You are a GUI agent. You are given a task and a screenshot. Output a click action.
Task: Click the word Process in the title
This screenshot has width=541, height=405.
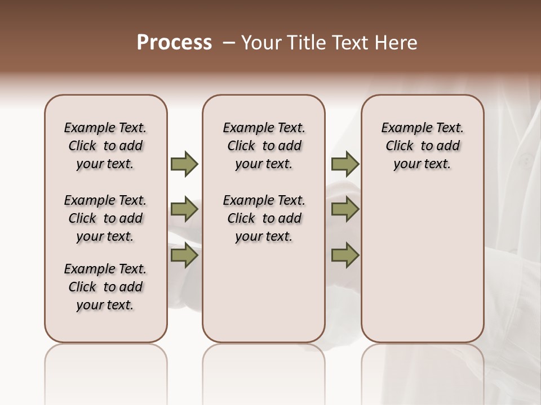(174, 43)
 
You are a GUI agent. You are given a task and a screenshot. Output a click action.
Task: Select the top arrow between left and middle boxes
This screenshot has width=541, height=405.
(184, 164)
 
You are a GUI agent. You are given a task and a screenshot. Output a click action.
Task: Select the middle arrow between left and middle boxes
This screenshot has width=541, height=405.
(184, 209)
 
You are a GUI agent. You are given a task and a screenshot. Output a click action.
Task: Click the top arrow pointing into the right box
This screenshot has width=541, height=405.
(345, 164)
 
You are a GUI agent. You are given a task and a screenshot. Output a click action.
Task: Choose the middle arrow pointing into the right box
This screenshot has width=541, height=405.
(345, 209)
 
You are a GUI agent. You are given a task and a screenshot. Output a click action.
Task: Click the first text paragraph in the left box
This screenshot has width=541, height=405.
(105, 146)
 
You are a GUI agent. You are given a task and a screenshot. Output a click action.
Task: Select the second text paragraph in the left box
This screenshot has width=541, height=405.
(105, 218)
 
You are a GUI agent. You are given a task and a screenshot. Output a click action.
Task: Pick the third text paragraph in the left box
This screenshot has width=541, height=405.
(105, 287)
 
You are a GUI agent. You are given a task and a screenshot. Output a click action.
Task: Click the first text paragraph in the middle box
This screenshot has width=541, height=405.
(264, 146)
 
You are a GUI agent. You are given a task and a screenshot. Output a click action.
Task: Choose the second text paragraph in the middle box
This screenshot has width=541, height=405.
(264, 218)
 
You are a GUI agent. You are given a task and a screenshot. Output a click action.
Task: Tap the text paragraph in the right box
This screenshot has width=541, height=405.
(423, 146)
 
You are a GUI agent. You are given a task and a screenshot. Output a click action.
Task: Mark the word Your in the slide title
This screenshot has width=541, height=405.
(261, 43)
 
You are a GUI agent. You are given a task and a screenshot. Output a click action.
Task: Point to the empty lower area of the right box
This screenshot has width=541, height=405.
(423, 264)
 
